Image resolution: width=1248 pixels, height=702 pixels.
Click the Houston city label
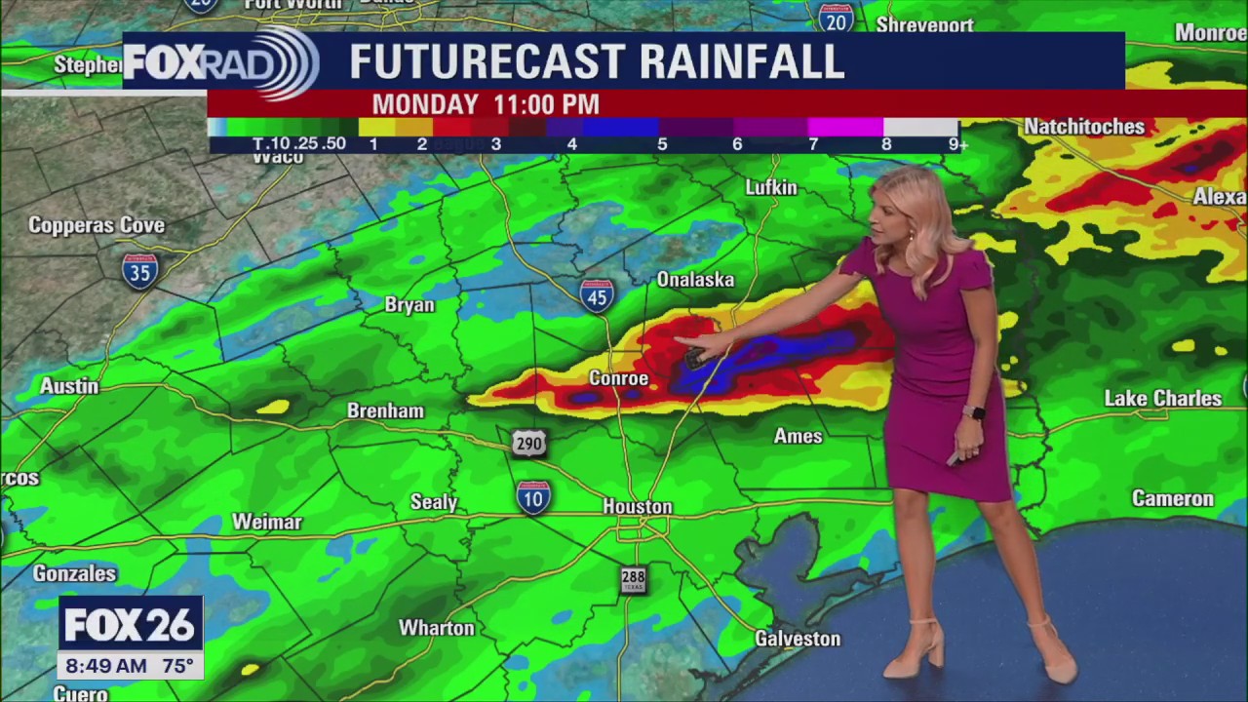coord(638,507)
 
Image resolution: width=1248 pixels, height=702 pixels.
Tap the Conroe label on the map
coord(618,378)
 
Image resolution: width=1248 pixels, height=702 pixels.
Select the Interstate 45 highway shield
coord(597,294)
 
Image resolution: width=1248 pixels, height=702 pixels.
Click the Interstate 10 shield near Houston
coord(532,497)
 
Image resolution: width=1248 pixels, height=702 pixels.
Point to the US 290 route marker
coord(528,445)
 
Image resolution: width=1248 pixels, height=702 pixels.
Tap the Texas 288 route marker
coord(633,580)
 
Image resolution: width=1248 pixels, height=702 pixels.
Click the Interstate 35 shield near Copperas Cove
coord(140,270)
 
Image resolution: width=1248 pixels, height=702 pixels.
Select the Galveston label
coord(798,639)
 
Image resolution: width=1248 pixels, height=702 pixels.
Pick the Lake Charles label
coord(1162,398)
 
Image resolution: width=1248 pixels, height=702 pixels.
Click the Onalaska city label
coord(695,280)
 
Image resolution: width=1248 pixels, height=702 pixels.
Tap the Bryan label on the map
coord(409,305)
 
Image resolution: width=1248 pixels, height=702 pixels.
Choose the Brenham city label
coord(385,410)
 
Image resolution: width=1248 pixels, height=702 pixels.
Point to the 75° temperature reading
coord(177,667)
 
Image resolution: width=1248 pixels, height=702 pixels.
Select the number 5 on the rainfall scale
coord(662,144)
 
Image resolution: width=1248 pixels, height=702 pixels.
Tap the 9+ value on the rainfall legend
coord(957,144)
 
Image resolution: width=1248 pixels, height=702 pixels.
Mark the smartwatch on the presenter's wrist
coord(974,412)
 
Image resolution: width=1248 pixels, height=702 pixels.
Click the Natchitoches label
coord(1084,127)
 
